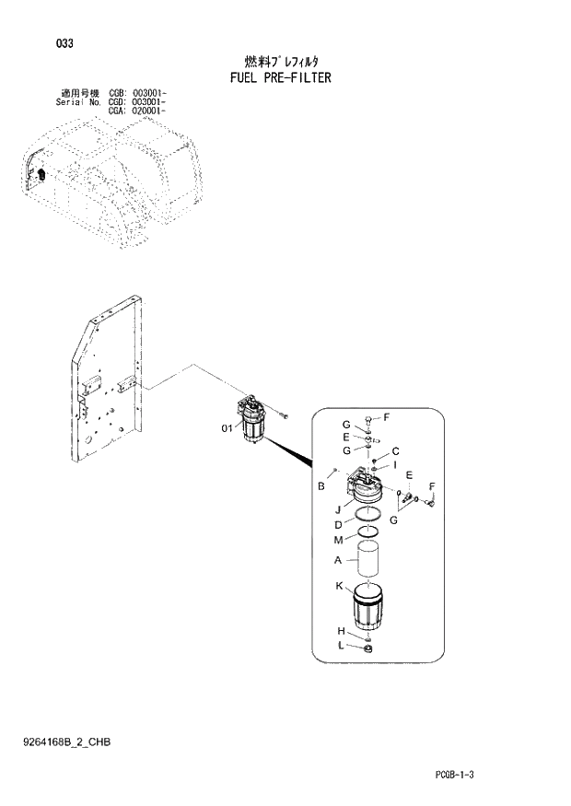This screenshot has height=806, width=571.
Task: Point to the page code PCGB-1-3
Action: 454,775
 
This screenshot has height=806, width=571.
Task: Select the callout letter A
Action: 338,560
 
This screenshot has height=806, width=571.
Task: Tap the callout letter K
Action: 339,586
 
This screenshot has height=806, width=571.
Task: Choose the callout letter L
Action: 341,647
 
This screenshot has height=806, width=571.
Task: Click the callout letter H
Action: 341,631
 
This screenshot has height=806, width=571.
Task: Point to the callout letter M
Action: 338,539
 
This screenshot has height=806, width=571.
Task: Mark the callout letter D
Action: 338,524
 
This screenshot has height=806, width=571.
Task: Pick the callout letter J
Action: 338,508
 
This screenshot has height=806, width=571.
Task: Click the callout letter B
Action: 321,485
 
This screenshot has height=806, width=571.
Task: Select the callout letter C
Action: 394,450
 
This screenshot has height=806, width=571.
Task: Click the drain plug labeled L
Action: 367,649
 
